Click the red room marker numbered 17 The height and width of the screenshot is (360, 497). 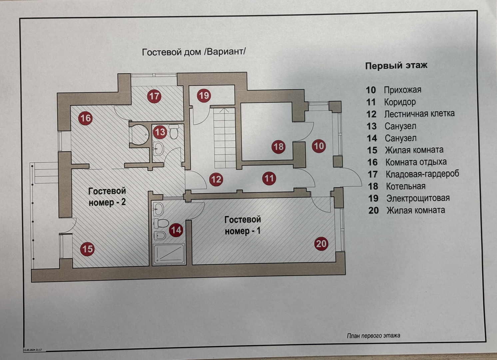tap(154, 96)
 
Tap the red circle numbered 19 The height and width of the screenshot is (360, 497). tap(204, 96)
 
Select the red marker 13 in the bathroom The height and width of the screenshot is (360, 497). tap(160, 132)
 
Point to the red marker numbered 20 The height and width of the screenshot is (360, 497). tap(321, 244)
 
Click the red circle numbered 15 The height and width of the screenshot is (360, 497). tap(87, 249)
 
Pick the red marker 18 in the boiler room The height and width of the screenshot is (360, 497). tap(278, 146)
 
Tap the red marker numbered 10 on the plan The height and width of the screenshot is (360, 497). tap(318, 146)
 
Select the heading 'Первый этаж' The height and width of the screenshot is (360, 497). tap(396, 65)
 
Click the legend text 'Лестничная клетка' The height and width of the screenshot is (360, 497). tap(419, 114)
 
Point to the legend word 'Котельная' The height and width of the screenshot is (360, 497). tap(405, 186)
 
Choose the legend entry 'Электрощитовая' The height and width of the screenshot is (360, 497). tap(418, 198)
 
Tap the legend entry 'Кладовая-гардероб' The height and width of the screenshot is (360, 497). tap(422, 174)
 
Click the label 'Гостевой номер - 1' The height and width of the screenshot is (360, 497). tap(243, 225)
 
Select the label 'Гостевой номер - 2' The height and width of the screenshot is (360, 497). tap(107, 196)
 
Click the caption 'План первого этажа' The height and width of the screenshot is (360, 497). tap(373, 336)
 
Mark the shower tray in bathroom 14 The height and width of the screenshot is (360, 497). tap(169, 254)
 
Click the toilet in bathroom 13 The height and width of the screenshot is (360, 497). tap(174, 131)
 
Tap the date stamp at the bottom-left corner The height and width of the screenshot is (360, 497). tap(32, 350)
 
